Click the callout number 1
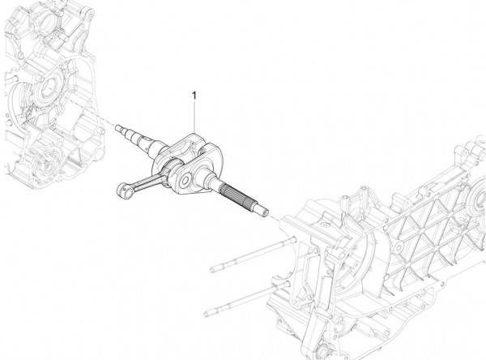pos(194,96)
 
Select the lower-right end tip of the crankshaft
pos(264,213)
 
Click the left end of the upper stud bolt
pos(212,268)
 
